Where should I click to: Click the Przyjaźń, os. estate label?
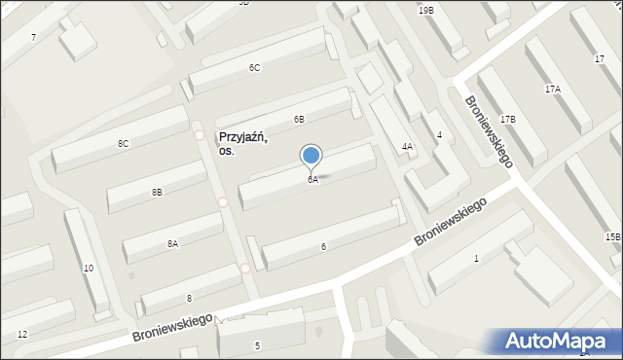tap(243, 144)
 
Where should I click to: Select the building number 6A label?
tap(312, 180)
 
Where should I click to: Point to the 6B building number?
tap(300, 119)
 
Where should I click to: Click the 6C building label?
tap(254, 68)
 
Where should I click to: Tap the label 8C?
tap(123, 144)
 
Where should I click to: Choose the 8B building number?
tap(157, 193)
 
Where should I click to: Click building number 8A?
tap(172, 244)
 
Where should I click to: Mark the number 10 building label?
tap(88, 268)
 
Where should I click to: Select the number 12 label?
tap(21, 335)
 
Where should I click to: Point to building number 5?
tap(257, 345)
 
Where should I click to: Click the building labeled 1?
tap(476, 258)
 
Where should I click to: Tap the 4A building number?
tap(408, 147)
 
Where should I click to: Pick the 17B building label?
tap(508, 119)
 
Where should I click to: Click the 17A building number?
tap(552, 89)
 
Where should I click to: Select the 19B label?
tap(426, 10)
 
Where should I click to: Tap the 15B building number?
tap(611, 236)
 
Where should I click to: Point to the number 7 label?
tap(33, 37)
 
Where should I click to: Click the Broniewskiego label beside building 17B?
tap(488, 130)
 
